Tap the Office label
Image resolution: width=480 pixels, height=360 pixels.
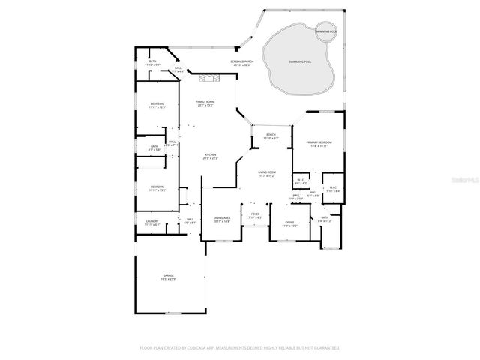coord(289,223)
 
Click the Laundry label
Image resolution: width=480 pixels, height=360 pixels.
coord(151,222)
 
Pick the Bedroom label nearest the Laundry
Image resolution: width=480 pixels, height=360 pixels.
coord(157,188)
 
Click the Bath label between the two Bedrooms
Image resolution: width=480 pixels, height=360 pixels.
coord(154,148)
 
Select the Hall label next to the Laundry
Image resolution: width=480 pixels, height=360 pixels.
coord(190,220)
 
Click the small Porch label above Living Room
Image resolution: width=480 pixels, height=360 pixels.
coord(270,136)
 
